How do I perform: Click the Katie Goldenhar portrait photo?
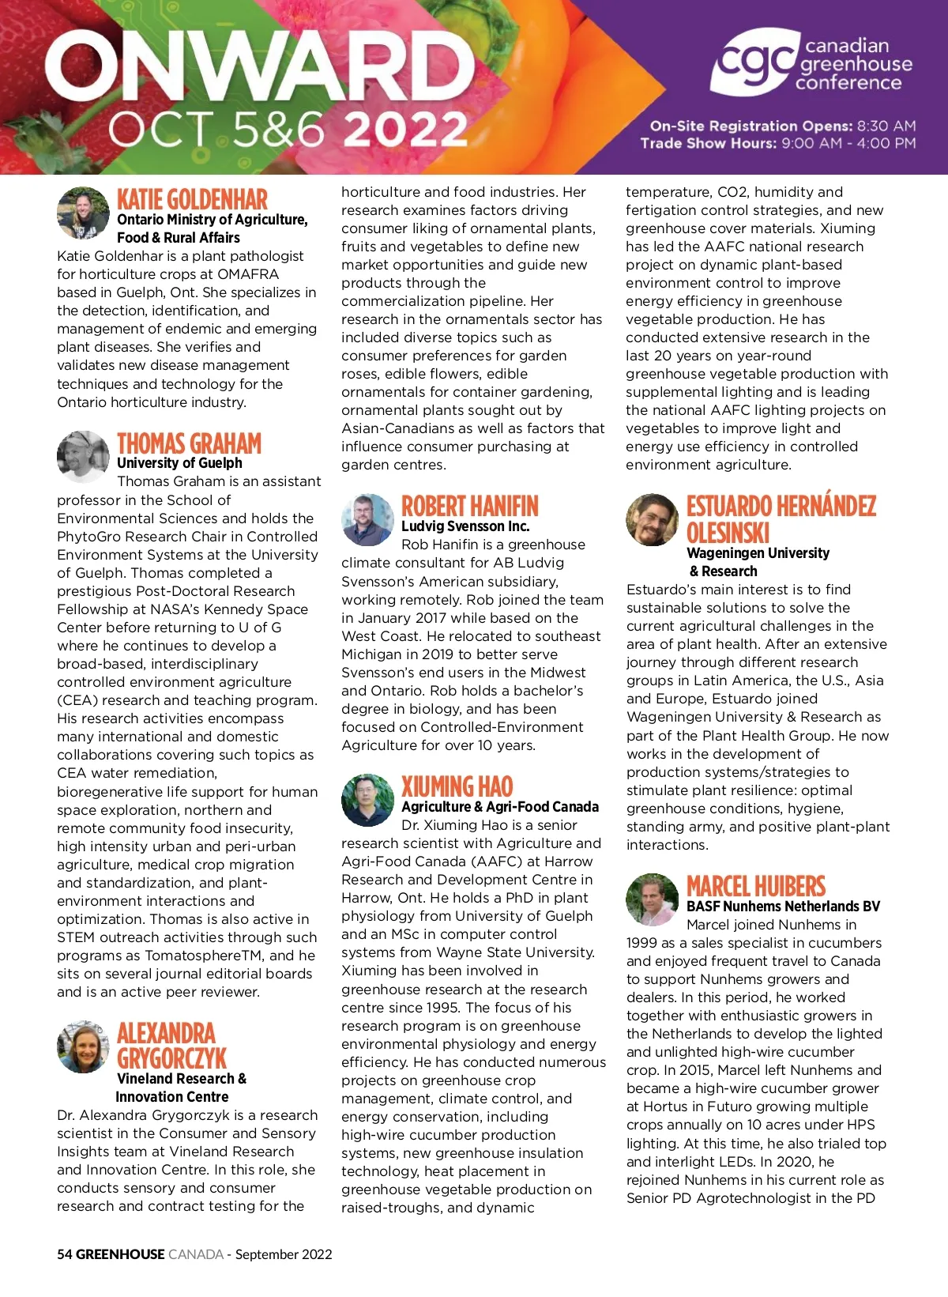(83, 213)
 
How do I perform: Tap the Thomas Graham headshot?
(83, 457)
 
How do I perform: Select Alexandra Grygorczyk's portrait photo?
(83, 1046)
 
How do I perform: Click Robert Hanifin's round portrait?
(367, 520)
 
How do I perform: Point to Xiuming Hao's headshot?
(367, 800)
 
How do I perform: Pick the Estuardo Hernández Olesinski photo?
(652, 520)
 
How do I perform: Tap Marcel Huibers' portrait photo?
(652, 899)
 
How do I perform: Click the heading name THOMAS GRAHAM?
(189, 443)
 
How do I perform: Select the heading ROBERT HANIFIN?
(469, 507)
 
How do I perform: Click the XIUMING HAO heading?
(457, 786)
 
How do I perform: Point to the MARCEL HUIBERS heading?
(755, 886)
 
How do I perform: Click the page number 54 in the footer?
(65, 1254)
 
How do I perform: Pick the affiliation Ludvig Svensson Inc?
(465, 526)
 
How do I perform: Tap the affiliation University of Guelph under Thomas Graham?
(179, 463)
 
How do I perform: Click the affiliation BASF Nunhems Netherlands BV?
(783, 907)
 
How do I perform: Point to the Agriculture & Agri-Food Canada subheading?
(499, 807)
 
